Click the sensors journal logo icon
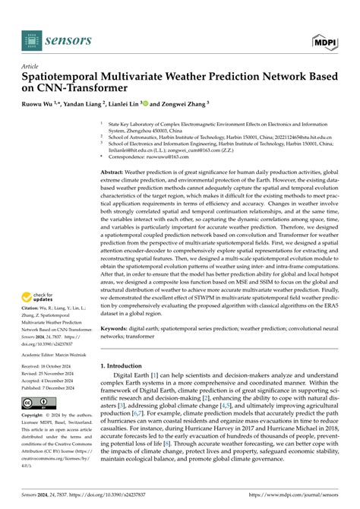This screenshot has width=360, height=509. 30,40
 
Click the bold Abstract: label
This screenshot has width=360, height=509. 115,173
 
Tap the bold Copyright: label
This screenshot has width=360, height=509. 35,416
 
